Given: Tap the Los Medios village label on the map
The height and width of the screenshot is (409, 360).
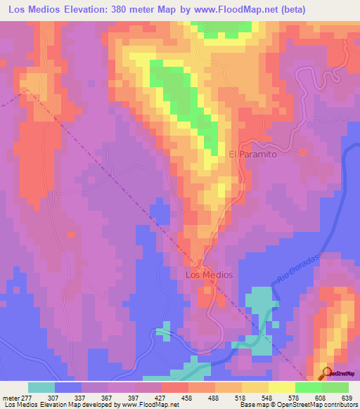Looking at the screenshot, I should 208,275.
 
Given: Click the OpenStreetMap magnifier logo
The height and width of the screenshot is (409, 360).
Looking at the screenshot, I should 328,372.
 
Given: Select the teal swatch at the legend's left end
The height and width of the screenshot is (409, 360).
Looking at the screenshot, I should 41,387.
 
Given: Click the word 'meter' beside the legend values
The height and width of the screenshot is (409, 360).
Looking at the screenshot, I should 11,397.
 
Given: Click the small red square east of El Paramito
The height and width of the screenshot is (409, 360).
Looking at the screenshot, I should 304,152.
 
